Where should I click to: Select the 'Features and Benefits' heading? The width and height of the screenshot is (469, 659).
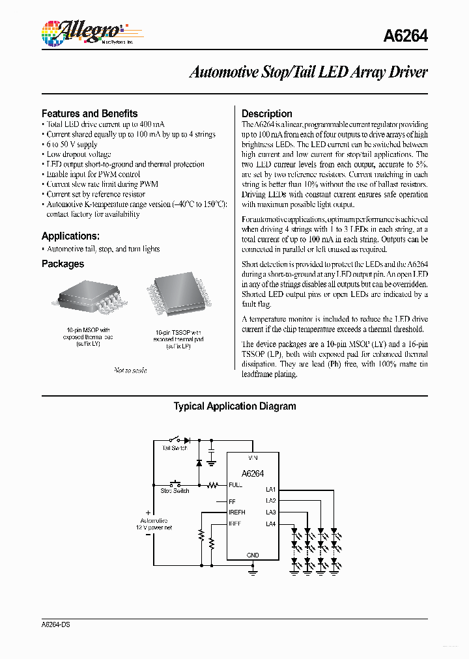pyautogui.click(x=89, y=113)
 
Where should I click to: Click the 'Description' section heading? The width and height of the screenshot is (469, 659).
pyautogui.click(x=266, y=113)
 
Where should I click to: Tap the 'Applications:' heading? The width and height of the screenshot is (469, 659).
pyautogui.click(x=70, y=236)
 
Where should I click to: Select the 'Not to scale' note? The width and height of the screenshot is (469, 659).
pyautogui.click(x=130, y=370)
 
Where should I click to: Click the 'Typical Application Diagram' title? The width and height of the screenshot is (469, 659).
pyautogui.click(x=234, y=406)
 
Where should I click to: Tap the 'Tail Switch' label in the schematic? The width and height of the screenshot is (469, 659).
pyautogui.click(x=174, y=448)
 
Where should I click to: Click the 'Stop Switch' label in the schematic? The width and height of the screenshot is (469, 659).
pyautogui.click(x=175, y=490)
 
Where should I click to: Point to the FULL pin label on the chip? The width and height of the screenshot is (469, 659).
pyautogui.click(x=235, y=485)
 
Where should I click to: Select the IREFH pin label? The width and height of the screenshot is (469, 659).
pyautogui.click(x=237, y=512)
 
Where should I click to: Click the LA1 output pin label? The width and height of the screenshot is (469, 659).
pyautogui.click(x=271, y=489)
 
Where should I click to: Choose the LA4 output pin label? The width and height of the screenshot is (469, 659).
pyautogui.click(x=271, y=524)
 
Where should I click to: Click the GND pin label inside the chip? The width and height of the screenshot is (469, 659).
pyautogui.click(x=253, y=555)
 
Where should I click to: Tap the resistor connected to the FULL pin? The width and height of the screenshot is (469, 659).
pyautogui.click(x=212, y=485)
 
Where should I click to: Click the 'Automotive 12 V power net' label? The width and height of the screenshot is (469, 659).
pyautogui.click(x=154, y=524)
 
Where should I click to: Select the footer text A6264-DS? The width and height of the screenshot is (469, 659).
pyautogui.click(x=56, y=624)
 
